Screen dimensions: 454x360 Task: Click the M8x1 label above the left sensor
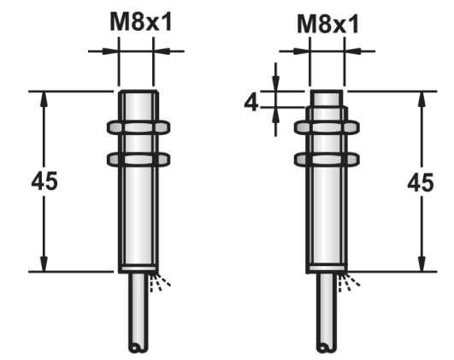[141, 22]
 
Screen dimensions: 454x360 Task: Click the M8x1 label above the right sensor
[328, 24]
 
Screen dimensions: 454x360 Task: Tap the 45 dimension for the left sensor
[44, 181]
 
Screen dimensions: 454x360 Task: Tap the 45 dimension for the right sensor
[421, 182]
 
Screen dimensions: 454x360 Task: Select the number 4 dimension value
[251, 103]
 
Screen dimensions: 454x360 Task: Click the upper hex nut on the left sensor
[139, 127]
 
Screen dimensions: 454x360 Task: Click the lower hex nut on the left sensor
[139, 160]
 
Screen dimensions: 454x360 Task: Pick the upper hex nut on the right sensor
[327, 127]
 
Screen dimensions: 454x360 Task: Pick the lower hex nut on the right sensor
[327, 160]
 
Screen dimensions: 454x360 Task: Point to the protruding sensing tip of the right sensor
[327, 98]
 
